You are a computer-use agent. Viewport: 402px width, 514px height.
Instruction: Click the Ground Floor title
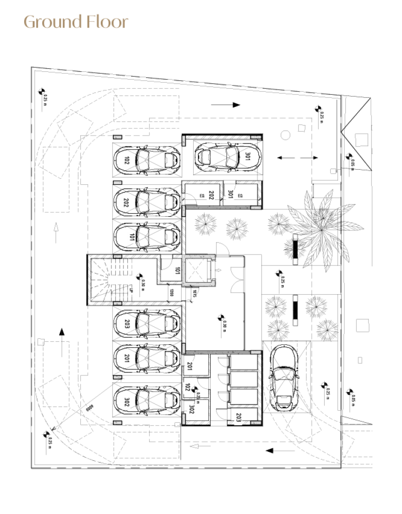tap(76, 22)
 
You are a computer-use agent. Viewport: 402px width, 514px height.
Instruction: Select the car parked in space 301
tap(227, 156)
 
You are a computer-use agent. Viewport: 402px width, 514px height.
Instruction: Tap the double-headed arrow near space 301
tap(297, 158)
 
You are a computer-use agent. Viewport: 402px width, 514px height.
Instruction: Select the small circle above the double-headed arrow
tap(285, 135)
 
